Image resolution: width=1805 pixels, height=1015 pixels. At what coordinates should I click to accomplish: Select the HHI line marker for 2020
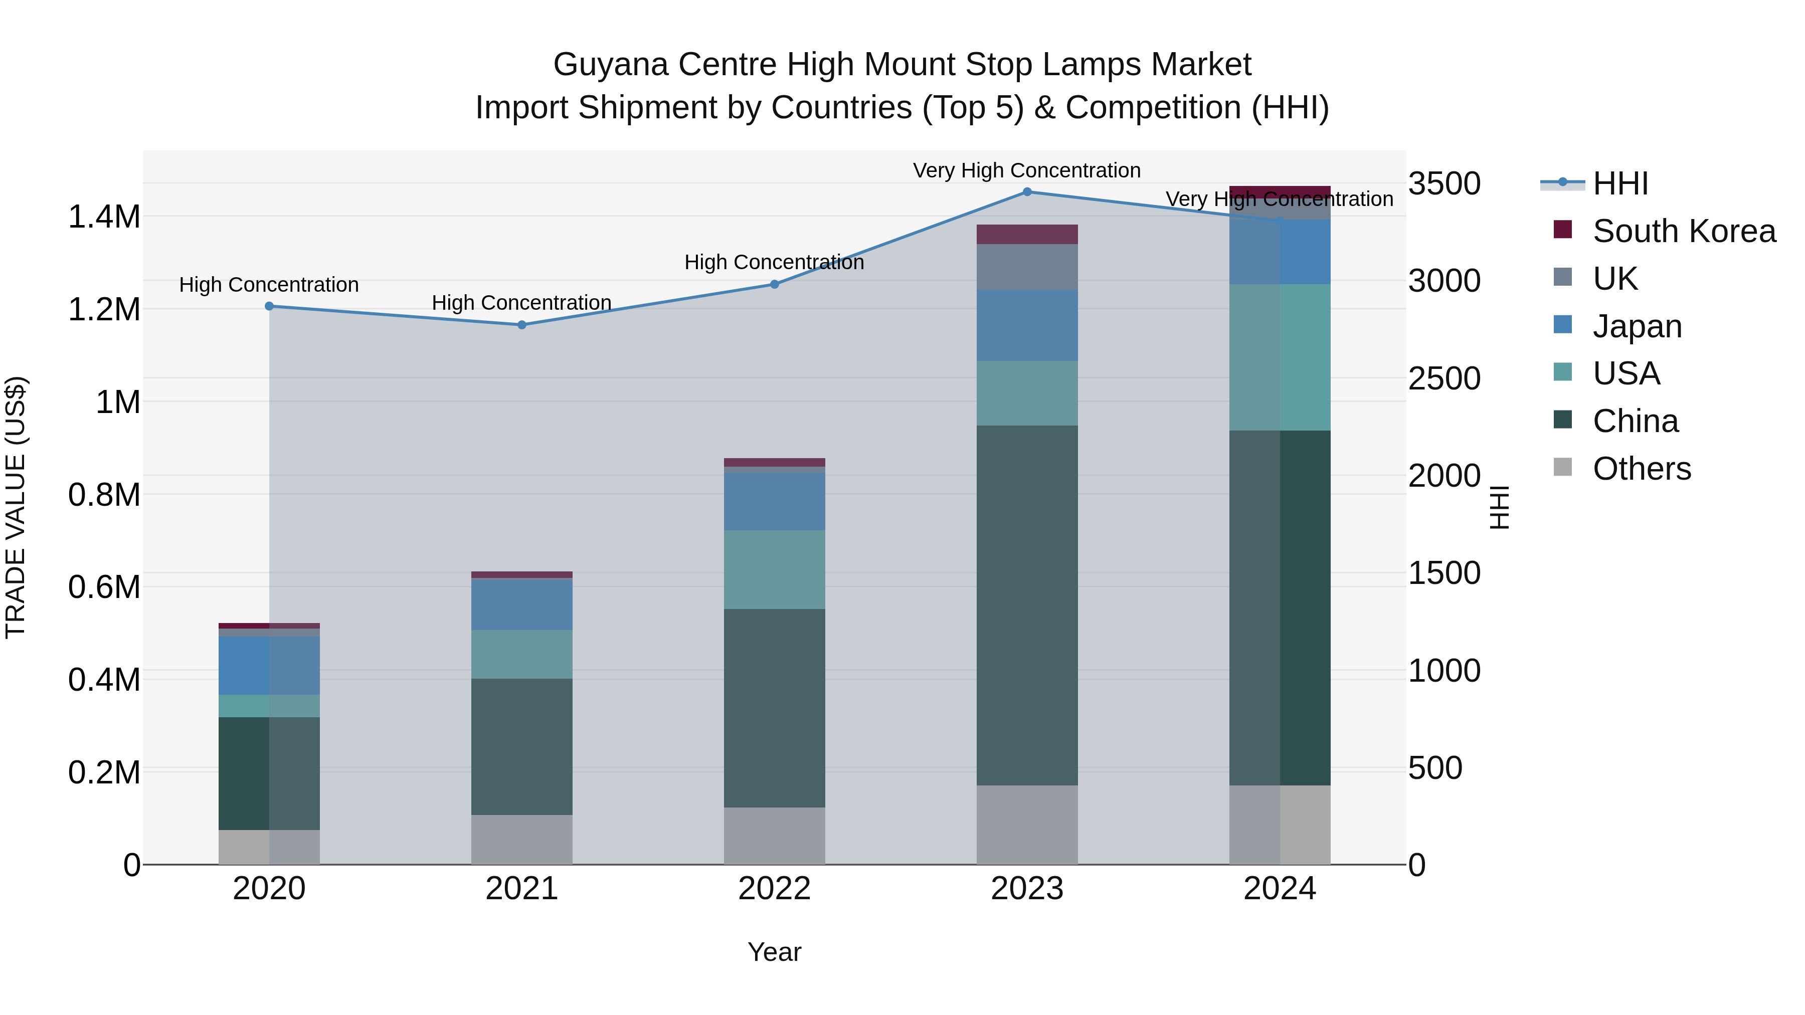click(x=269, y=306)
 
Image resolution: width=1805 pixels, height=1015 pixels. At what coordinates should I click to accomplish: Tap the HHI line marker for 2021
click(x=521, y=325)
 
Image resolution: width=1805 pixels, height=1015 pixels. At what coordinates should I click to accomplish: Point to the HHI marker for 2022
click(x=774, y=284)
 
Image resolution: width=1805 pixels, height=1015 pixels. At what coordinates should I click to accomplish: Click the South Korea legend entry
click(x=1683, y=231)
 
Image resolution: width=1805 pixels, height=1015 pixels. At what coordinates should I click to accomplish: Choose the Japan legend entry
click(x=1637, y=326)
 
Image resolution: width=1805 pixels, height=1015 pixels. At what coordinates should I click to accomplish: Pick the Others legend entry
click(x=1641, y=469)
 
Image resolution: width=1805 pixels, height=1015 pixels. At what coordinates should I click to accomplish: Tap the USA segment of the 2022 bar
click(x=774, y=569)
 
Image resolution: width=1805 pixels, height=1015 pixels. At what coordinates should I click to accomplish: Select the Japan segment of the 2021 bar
click(x=521, y=604)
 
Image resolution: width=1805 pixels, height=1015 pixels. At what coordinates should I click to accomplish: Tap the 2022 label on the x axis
click(x=774, y=889)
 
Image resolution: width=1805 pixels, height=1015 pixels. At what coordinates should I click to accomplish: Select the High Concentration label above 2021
click(x=521, y=303)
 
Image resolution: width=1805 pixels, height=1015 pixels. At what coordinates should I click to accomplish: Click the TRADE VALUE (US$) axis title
click(x=16, y=507)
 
